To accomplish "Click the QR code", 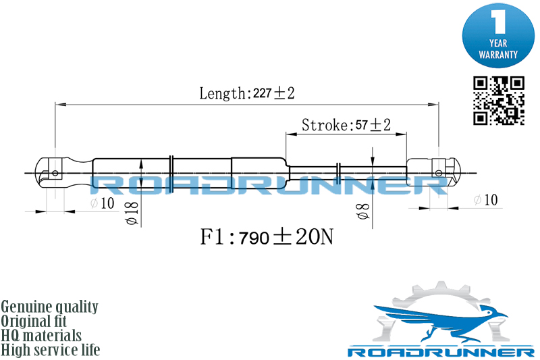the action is [x=499, y=101].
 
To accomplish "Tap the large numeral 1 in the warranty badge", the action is [x=498, y=22].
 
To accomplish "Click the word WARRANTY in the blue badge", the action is [x=498, y=55].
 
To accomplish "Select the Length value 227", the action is [x=262, y=93].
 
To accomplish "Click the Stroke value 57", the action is [x=362, y=125].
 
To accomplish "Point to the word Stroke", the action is [x=325, y=125].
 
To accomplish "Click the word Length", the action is [x=221, y=93].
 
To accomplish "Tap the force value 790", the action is [x=254, y=238].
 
